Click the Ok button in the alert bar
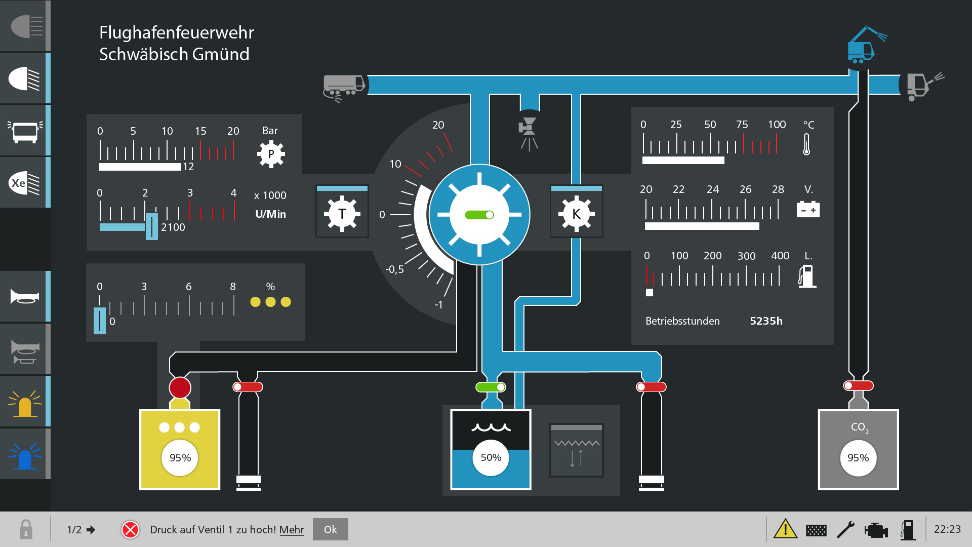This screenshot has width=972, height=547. pos(330,529)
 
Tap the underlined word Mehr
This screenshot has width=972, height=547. pos(292,529)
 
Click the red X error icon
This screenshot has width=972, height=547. pos(130,530)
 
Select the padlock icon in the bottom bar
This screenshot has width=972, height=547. pos(26,530)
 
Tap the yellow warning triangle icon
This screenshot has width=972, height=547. pos(785,529)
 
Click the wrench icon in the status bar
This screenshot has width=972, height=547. pos(845,530)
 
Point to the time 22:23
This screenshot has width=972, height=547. pos(947,529)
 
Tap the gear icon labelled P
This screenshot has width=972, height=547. pos(271,154)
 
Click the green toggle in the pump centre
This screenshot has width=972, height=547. pos(479,215)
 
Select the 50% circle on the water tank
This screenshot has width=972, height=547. pos(491,458)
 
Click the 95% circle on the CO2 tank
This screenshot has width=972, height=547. pos(858,458)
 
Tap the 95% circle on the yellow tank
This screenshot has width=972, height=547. pos(180,458)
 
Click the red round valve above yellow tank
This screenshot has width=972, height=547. pos(180,388)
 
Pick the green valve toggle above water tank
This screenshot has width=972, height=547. pos(491,387)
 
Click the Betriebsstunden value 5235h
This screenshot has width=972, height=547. pos(766,321)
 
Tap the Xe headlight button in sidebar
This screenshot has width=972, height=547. pos(24,183)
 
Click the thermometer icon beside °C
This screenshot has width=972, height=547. pos(806,144)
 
